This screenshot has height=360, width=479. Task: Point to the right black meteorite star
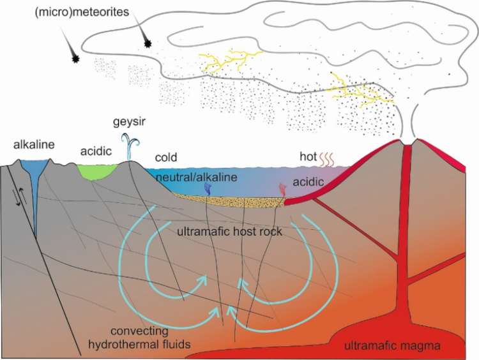149,43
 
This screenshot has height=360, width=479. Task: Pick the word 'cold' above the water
166,158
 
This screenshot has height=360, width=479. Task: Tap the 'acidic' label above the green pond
96,152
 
